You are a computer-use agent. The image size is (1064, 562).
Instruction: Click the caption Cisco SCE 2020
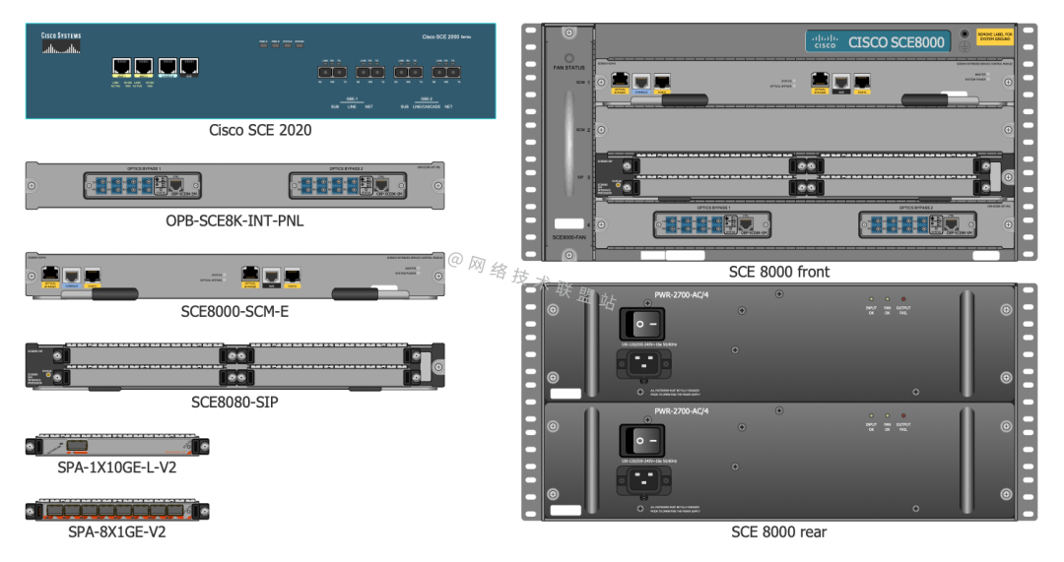(x=260, y=130)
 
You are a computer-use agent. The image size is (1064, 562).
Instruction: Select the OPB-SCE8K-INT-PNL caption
(x=234, y=221)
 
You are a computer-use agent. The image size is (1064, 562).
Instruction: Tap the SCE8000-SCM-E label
(x=234, y=311)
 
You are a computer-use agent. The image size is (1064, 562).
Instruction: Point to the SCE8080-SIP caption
(x=234, y=402)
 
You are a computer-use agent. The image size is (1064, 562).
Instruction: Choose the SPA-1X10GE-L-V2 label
(x=117, y=468)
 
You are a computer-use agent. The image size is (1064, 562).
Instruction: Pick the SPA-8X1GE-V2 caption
(x=117, y=531)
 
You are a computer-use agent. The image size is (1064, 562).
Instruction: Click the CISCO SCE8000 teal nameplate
(x=878, y=41)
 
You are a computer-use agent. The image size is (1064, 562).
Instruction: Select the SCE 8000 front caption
(x=779, y=272)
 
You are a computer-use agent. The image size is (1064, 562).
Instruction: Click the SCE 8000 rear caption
(x=778, y=531)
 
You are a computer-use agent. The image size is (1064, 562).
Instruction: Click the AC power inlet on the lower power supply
(x=646, y=481)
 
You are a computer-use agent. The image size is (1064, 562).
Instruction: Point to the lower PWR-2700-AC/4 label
(x=682, y=410)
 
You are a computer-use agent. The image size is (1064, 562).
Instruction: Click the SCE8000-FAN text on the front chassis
(x=568, y=237)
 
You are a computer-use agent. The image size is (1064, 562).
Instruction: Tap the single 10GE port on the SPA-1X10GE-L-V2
(x=73, y=446)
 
